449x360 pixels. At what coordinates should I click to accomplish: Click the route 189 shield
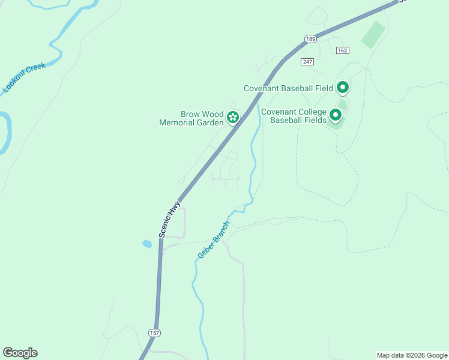310,38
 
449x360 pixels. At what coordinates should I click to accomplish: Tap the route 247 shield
308,62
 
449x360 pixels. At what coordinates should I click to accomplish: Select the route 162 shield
343,51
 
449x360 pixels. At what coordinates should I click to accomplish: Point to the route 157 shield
154,332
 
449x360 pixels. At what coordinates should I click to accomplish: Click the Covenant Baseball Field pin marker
343,88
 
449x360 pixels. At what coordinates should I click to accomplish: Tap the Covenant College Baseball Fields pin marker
336,114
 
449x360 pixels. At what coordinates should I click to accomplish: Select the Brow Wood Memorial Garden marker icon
233,116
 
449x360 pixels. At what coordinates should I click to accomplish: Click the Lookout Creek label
24,77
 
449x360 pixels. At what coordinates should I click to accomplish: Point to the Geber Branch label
214,240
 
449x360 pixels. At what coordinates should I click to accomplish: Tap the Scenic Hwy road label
170,220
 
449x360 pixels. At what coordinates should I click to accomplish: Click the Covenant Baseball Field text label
288,88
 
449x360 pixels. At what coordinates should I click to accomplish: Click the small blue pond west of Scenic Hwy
146,244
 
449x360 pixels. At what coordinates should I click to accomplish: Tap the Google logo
20,353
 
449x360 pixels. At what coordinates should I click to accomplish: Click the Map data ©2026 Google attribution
412,355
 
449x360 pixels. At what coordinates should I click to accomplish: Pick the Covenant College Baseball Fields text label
294,116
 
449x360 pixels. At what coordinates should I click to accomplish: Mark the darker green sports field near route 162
373,35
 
